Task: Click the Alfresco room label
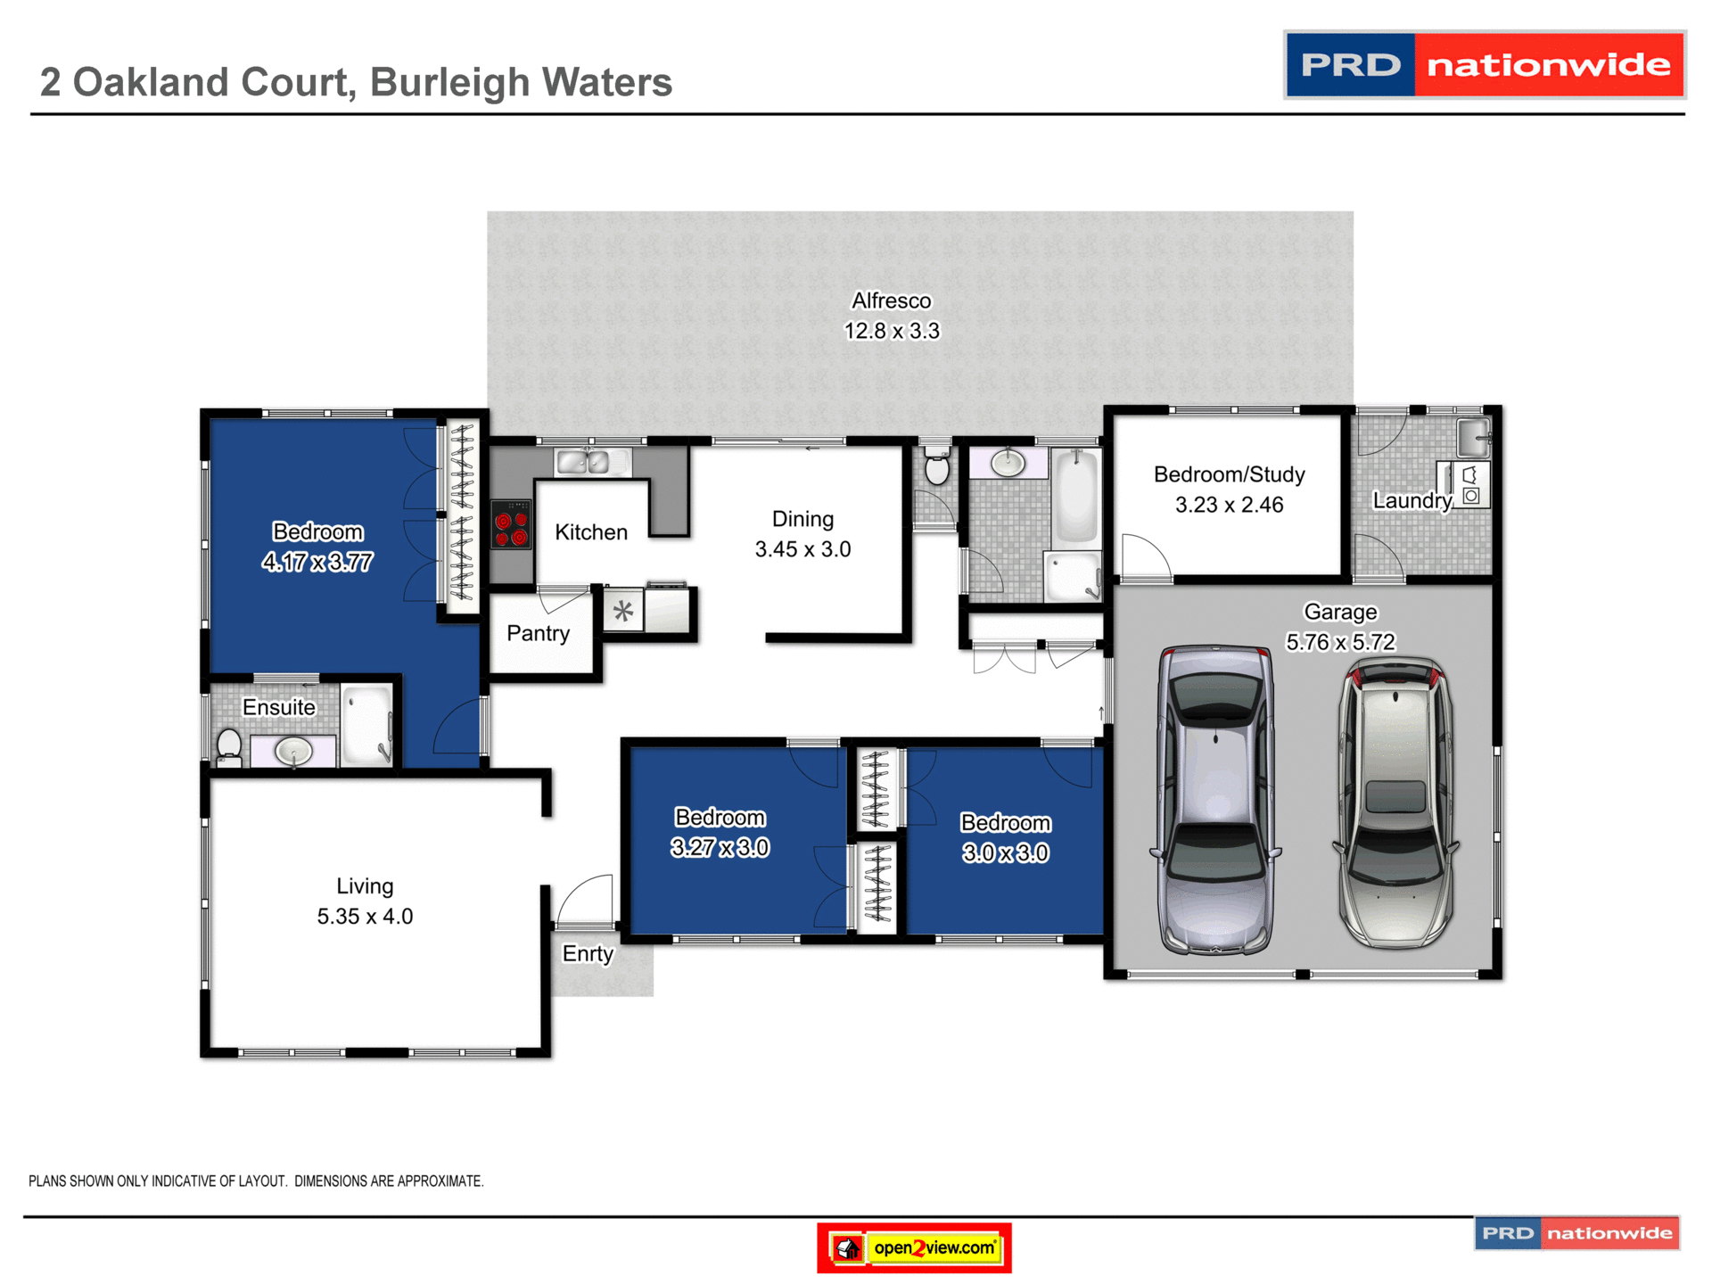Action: tap(891, 301)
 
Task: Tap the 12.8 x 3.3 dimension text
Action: tap(891, 332)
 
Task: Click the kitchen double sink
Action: tap(582, 463)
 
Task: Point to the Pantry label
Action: tap(538, 634)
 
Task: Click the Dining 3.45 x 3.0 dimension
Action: tap(802, 550)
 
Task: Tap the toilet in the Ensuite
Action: tap(229, 746)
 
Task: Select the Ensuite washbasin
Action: tap(293, 751)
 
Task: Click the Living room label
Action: tap(365, 886)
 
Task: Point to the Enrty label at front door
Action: tap(588, 954)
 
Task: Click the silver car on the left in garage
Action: tap(1214, 801)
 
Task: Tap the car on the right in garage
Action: tap(1395, 802)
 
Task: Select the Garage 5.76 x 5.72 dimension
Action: tap(1339, 643)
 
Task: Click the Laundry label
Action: tap(1412, 501)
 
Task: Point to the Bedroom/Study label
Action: tap(1229, 475)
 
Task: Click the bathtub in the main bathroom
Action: tap(1076, 497)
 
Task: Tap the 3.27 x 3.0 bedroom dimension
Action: tap(720, 848)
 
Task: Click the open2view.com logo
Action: tap(914, 1247)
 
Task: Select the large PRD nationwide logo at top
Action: tap(1484, 65)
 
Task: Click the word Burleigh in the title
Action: tap(449, 83)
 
